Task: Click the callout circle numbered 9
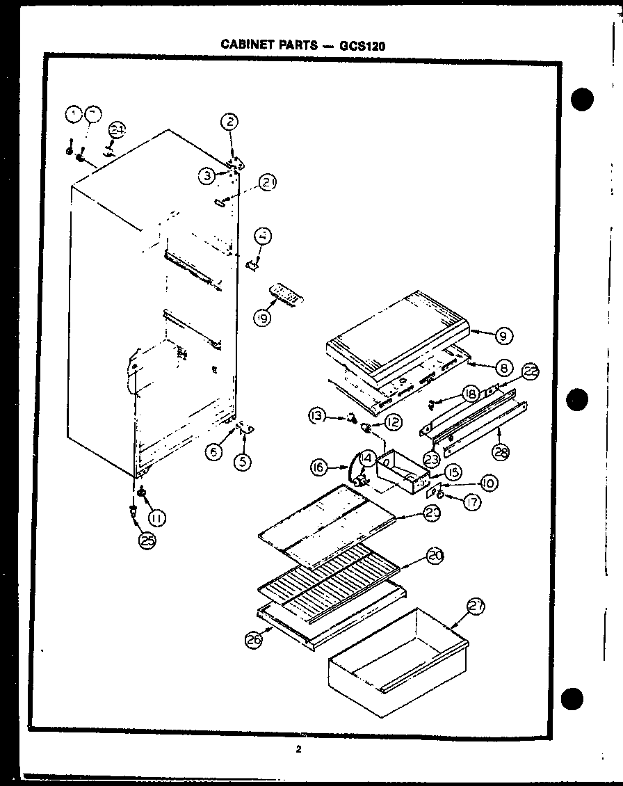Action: [x=504, y=336]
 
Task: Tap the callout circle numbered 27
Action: [x=476, y=607]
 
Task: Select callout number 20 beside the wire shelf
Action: [x=435, y=556]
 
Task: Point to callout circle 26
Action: [x=255, y=641]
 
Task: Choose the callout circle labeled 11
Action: [x=157, y=516]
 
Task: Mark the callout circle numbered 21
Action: [x=268, y=183]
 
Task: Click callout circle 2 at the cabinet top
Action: [x=230, y=122]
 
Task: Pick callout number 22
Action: [x=531, y=373]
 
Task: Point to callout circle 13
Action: [x=318, y=416]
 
